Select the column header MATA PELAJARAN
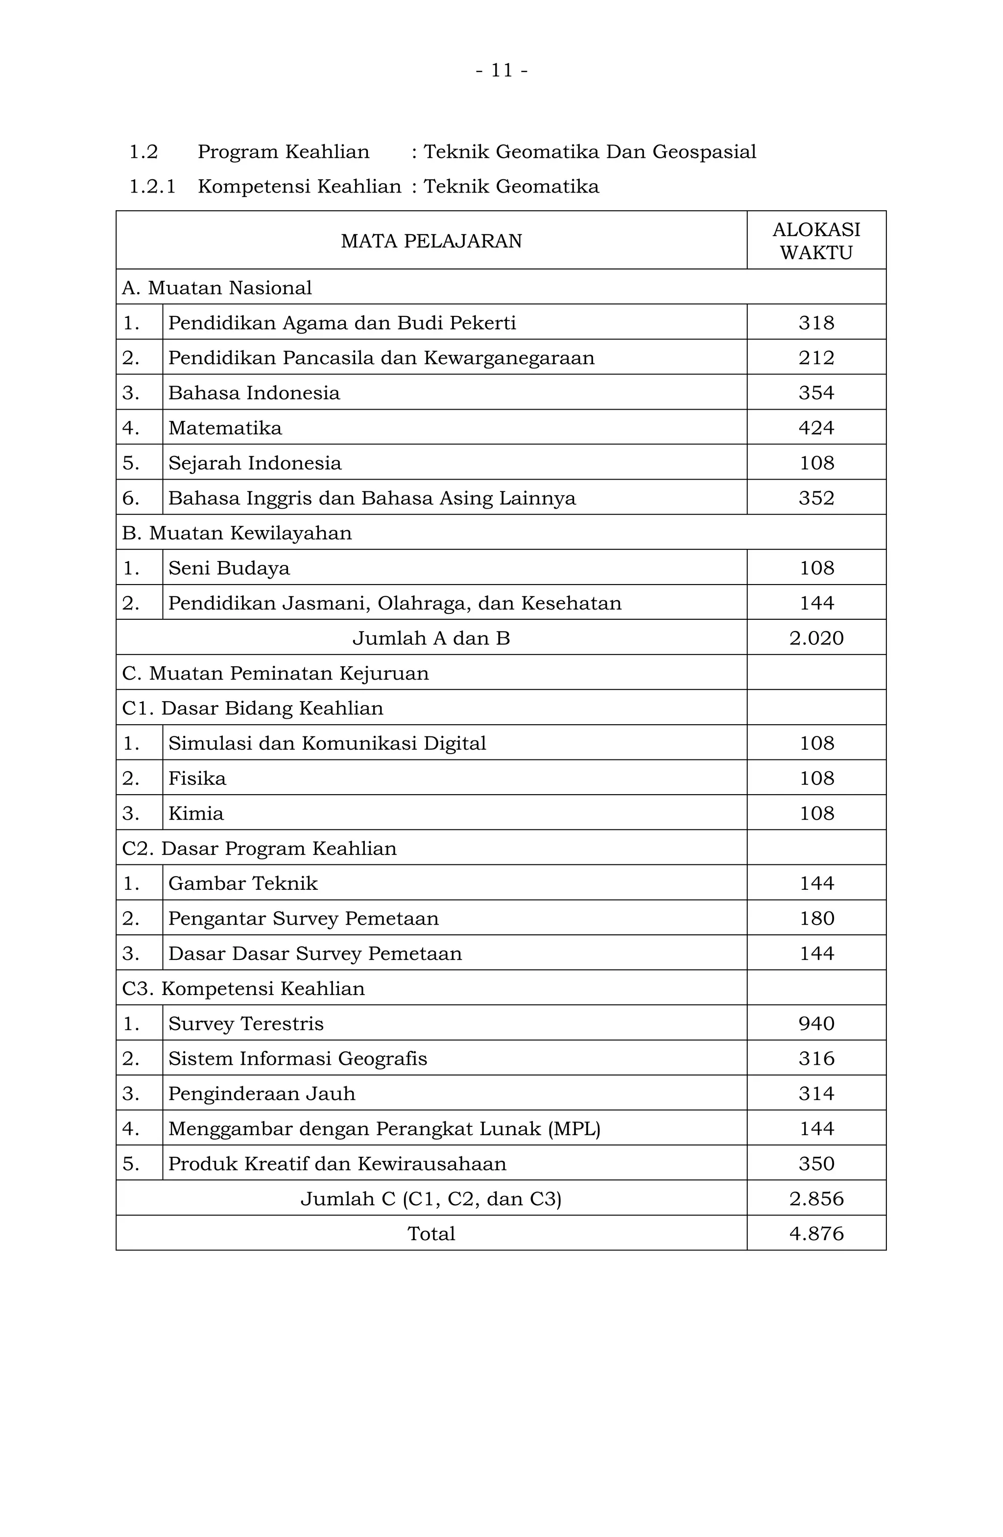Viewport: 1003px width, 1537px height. tap(431, 241)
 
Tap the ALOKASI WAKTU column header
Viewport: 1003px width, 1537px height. tap(816, 241)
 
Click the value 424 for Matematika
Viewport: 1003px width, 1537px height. tap(816, 428)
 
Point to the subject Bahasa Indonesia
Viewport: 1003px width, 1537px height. tap(254, 392)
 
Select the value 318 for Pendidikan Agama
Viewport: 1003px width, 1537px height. tap(816, 322)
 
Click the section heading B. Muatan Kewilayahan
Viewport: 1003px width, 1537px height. tap(237, 533)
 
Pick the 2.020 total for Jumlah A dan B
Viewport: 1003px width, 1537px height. tap(816, 638)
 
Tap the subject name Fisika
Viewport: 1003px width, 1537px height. tap(197, 778)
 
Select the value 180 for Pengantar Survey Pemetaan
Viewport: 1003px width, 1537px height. tap(816, 918)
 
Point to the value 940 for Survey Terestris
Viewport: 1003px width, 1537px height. tap(816, 1024)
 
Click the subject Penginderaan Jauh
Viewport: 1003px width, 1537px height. tap(262, 1093)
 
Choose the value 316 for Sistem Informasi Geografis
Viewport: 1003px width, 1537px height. tap(816, 1058)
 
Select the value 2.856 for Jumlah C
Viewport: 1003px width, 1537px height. tap(816, 1198)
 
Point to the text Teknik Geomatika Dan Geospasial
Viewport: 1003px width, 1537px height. tap(589, 152)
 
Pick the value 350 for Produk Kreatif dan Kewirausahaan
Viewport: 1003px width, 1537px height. tap(816, 1164)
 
